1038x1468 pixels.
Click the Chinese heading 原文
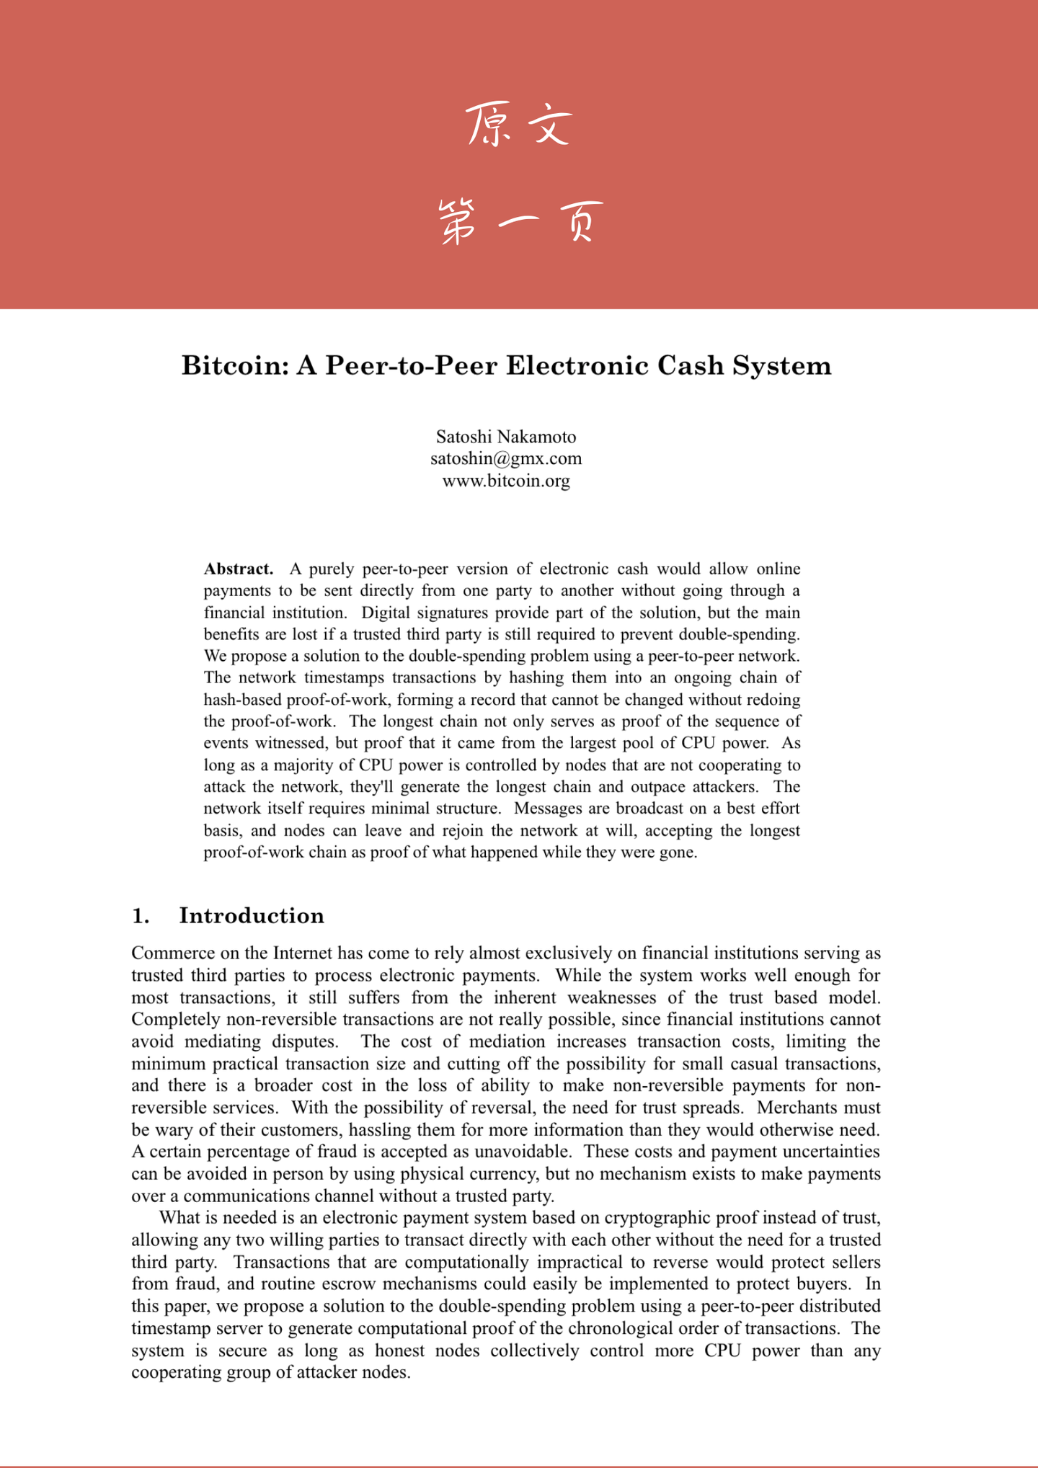[519, 124]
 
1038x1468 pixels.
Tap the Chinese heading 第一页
[519, 222]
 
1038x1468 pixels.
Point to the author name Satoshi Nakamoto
[506, 437]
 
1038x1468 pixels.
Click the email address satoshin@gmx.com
[506, 458]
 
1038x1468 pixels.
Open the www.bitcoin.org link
[506, 481]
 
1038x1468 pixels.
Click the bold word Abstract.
[239, 569]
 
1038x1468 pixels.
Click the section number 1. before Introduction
[141, 915]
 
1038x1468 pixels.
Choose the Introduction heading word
[252, 915]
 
